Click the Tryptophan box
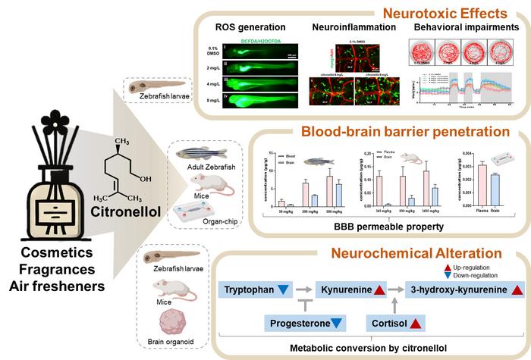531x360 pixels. click(255, 290)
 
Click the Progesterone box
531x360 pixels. click(306, 324)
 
